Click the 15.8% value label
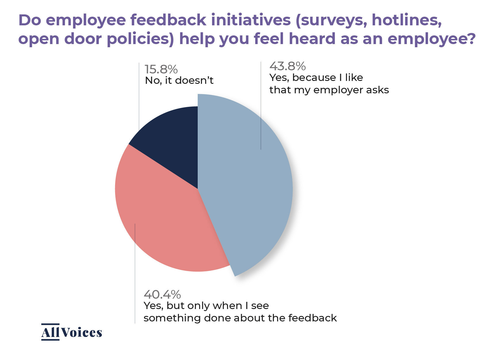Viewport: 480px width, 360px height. point(161,69)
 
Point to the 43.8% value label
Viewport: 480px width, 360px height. point(287,66)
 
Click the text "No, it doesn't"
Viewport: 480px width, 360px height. point(179,81)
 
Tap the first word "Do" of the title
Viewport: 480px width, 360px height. point(30,20)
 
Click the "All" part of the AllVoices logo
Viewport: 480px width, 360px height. point(50,332)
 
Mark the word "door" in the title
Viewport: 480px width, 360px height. point(83,39)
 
